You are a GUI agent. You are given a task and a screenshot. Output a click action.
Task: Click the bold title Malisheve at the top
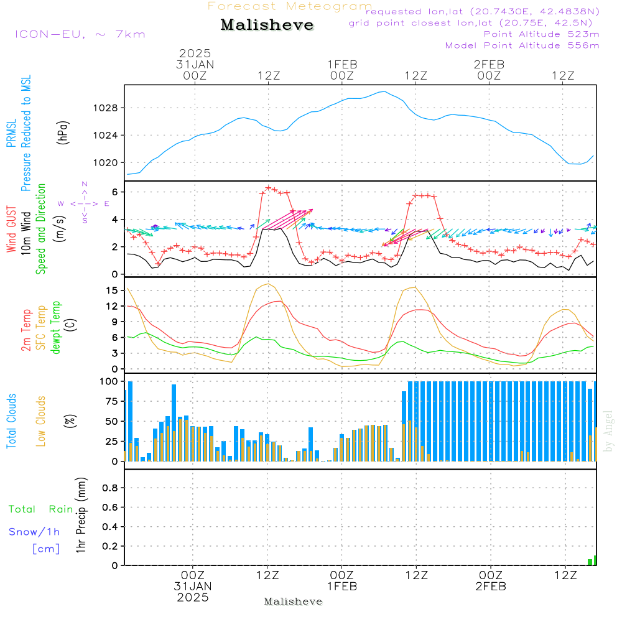[267, 25]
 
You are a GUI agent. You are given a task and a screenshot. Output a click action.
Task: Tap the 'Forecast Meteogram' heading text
[290, 6]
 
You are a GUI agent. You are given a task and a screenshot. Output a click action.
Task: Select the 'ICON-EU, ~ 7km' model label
[80, 34]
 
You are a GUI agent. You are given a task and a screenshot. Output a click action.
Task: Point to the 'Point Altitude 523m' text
[541, 34]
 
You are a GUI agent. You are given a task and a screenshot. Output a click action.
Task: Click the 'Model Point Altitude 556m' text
[522, 45]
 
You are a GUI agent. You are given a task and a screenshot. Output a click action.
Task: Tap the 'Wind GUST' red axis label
[11, 231]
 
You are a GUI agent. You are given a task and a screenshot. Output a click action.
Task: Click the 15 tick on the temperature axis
[112, 290]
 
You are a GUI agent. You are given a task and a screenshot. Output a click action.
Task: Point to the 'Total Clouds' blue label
[11, 420]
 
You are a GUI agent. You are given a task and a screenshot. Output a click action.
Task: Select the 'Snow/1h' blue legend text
[34, 532]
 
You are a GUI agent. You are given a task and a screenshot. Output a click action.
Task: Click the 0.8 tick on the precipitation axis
[109, 488]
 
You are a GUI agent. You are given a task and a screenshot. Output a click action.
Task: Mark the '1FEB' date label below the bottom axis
[341, 587]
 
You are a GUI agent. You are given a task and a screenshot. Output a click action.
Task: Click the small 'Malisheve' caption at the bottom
[294, 601]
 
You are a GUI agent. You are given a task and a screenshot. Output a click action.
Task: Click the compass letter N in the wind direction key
[85, 184]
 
